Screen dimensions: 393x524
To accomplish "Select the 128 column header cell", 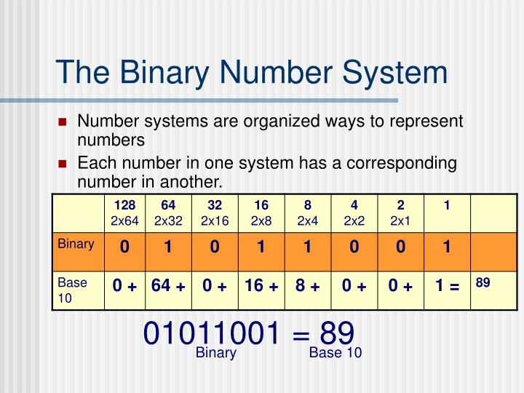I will click(x=124, y=213).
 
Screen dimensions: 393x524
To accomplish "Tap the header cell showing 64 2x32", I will click(x=167, y=213).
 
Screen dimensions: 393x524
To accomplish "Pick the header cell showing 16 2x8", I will click(x=261, y=213).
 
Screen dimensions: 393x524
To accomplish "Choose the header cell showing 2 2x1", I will click(x=400, y=213).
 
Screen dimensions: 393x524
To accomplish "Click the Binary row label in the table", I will click(x=76, y=244).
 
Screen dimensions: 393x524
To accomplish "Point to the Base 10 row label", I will click(x=73, y=289).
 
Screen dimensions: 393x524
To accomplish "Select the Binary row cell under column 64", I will click(x=167, y=247).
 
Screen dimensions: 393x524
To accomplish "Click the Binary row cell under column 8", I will click(x=307, y=247).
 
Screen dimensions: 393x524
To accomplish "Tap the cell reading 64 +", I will click(x=168, y=286).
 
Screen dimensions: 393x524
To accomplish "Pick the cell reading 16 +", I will click(x=261, y=286).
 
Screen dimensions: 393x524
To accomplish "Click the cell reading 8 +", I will click(x=307, y=286).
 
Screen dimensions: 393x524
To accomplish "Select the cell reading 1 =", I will click(x=447, y=286).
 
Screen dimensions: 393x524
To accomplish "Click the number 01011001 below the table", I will click(x=211, y=334).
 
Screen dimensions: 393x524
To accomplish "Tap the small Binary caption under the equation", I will click(x=215, y=354).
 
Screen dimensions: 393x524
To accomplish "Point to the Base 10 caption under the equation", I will click(x=335, y=354).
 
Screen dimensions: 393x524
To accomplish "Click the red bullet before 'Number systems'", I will click(x=63, y=122).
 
